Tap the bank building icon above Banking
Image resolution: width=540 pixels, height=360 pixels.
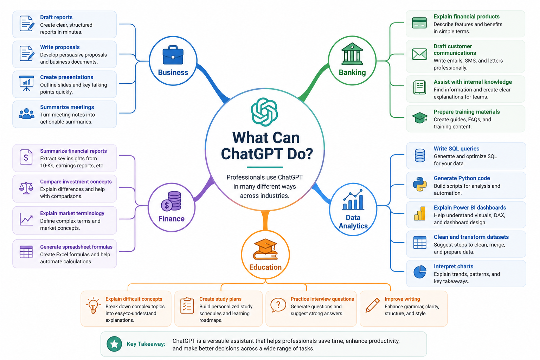point(352,54)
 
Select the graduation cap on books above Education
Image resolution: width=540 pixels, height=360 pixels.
point(265,249)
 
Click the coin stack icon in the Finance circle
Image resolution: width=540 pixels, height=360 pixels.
point(171,201)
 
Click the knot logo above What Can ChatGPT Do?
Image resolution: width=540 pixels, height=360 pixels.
point(264,112)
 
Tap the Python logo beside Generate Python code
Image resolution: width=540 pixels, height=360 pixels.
point(420,185)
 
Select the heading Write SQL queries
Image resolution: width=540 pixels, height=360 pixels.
point(456,148)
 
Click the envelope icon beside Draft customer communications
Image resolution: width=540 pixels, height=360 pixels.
point(419,54)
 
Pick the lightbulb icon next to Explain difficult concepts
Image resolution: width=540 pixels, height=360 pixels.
point(93,306)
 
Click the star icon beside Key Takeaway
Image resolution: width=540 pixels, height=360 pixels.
point(114,344)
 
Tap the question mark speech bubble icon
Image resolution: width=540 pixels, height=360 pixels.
point(278,306)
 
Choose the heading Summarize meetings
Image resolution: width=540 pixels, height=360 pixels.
point(67,107)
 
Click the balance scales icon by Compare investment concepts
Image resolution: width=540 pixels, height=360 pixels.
point(26,188)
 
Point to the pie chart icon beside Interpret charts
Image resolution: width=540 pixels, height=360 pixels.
point(420,272)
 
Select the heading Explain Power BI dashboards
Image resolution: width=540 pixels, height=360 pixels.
point(470,208)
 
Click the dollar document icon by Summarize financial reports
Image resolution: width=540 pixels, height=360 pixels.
point(26,157)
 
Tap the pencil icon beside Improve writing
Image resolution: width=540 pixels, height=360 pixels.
point(372,305)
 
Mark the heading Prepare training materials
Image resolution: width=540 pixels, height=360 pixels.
point(467,112)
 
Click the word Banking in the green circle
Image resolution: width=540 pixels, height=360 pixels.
point(352,72)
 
